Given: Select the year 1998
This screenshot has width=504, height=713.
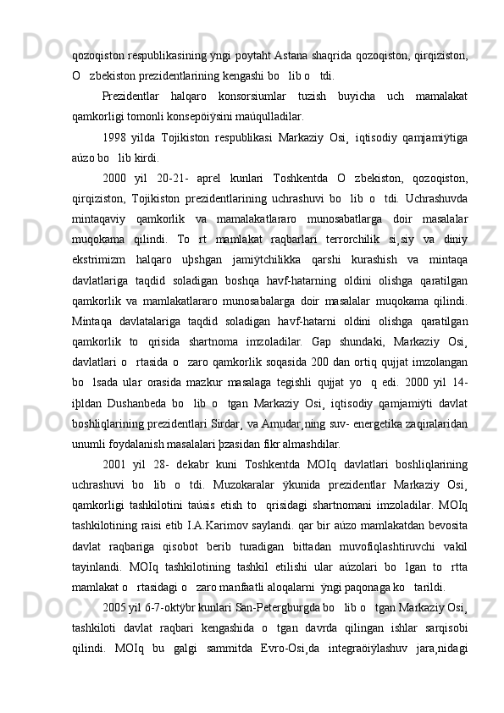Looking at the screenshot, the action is [115, 136].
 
